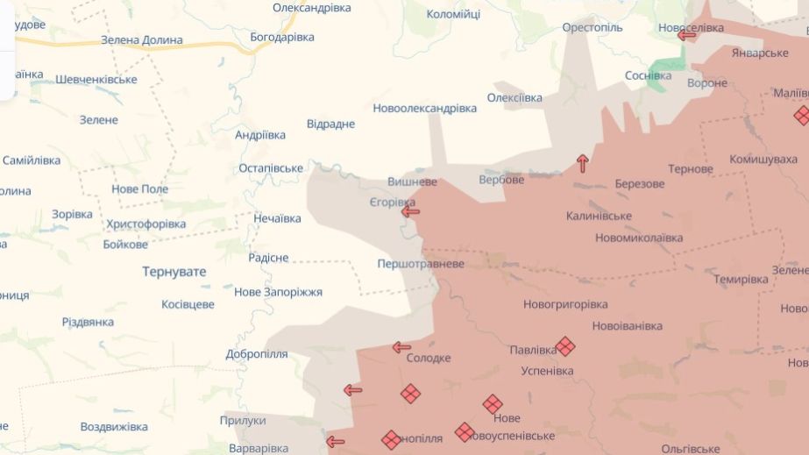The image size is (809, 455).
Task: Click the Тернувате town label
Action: point(174,272)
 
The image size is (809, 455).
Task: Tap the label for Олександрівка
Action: point(311,8)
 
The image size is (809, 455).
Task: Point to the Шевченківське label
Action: point(96,80)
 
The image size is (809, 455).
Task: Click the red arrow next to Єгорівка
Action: point(409,211)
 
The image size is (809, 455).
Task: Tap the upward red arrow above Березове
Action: point(583,162)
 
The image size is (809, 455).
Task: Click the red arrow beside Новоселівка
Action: point(686,35)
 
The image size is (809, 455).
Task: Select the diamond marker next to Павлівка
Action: point(565,346)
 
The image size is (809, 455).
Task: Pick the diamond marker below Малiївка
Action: point(802,115)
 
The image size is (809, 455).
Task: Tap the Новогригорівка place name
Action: point(565,304)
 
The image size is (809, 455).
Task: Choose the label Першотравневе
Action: point(420,263)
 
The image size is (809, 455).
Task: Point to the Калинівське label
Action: point(599,216)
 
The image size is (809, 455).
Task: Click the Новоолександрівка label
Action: point(424,108)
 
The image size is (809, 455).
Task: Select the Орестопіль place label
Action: point(593,28)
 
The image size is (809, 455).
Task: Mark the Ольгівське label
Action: point(691,448)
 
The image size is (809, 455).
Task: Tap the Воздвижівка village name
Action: point(114,427)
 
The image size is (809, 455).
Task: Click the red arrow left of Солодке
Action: point(401,347)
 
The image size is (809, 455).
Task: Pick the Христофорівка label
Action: point(145,224)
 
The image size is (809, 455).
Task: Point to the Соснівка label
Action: point(648,75)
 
